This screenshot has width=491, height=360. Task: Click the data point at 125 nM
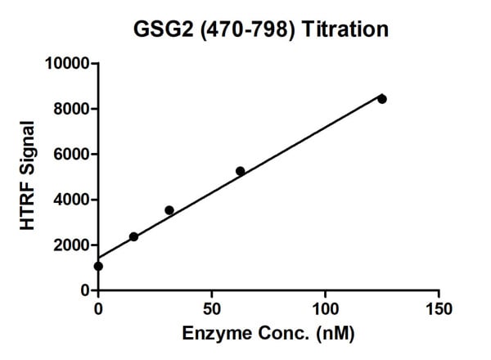pos(381,99)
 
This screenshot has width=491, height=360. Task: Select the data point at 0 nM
pos(98,266)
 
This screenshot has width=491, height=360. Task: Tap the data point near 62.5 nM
pos(240,171)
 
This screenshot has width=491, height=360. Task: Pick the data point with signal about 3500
pos(169,210)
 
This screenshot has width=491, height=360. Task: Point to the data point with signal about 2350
pos(133,237)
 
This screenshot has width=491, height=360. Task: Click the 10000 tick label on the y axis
pos(70,63)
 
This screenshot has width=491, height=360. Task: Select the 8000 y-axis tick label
pos(74,109)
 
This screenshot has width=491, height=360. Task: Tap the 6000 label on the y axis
pos(74,154)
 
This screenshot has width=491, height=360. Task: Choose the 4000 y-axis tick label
pos(74,200)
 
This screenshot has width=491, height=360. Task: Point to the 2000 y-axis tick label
pos(74,245)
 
